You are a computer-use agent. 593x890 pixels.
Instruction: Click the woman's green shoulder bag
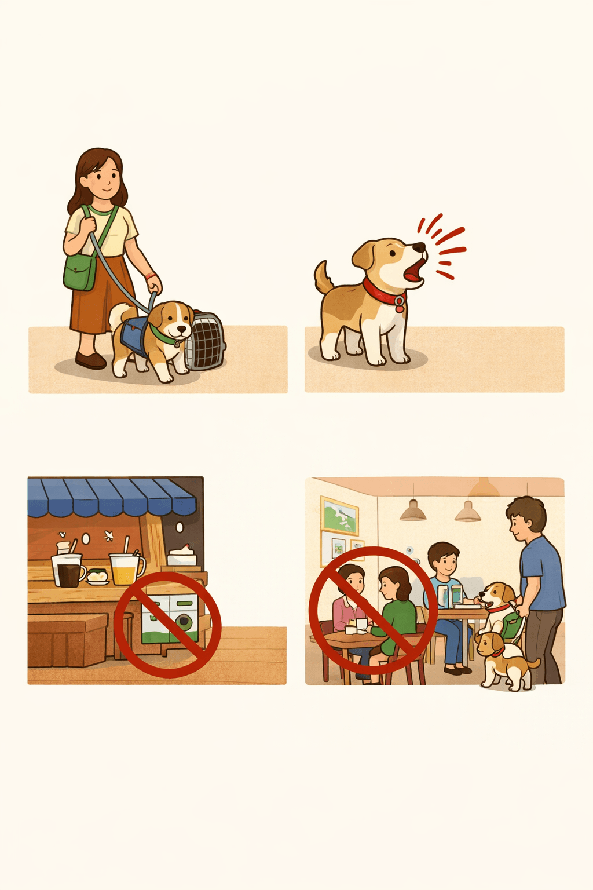coord(79,271)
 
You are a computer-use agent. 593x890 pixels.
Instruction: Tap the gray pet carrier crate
coord(206,342)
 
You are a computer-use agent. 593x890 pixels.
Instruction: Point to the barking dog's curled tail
coord(323,277)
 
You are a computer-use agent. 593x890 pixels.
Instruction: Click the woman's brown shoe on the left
coord(90,360)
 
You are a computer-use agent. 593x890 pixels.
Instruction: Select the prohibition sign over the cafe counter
coord(167,625)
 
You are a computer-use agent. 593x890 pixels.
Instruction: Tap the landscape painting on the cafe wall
coord(339,515)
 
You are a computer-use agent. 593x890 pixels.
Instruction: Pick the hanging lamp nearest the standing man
coord(467,511)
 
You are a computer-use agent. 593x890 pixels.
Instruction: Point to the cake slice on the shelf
coord(182,557)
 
